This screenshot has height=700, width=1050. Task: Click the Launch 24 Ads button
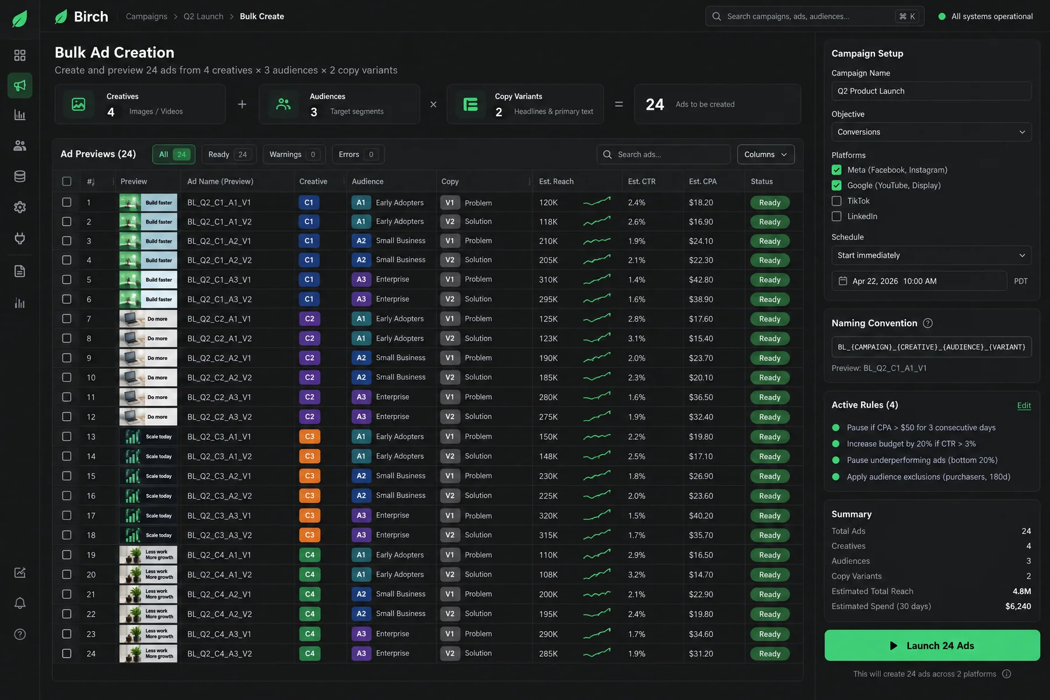tap(932, 645)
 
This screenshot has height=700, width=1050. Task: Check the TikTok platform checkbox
tap(836, 201)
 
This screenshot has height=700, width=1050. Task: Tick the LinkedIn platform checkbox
tap(836, 216)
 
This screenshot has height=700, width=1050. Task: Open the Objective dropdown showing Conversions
tap(931, 132)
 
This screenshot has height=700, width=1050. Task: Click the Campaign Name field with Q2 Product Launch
tap(931, 91)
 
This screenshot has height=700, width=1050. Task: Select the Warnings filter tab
tap(294, 155)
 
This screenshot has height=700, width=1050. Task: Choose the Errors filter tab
tap(358, 155)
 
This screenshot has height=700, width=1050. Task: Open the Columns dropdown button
tap(765, 155)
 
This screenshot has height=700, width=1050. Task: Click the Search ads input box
tap(663, 155)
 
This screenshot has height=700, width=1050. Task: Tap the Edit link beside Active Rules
tap(1024, 405)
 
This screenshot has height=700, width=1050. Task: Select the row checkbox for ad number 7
tap(67, 318)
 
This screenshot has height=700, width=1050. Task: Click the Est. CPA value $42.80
tap(701, 280)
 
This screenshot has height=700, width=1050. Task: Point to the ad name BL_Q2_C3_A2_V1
tap(219, 476)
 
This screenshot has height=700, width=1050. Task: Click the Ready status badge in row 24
tap(769, 654)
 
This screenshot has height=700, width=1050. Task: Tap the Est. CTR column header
tap(642, 181)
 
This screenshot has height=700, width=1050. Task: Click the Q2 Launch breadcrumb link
tap(204, 16)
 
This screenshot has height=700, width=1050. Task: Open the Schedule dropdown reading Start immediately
tap(931, 256)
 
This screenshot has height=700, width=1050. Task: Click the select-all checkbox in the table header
tap(67, 181)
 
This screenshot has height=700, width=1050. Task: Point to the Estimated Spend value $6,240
tap(1018, 607)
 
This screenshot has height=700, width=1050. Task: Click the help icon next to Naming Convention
tap(928, 323)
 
